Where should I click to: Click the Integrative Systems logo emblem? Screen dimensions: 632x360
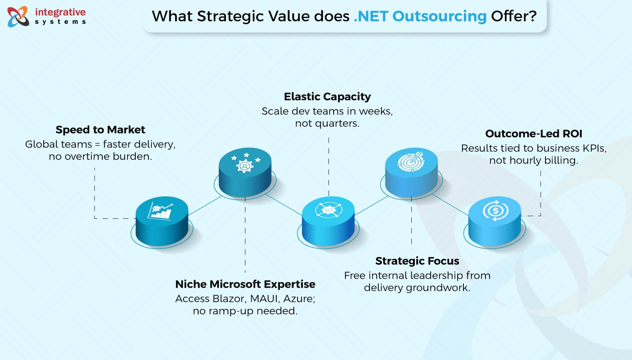pyautogui.click(x=18, y=17)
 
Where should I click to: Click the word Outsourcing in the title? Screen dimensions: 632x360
pyautogui.click(x=440, y=16)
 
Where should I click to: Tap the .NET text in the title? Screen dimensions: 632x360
pyautogui.click(x=371, y=16)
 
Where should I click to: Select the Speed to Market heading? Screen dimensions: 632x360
pyautogui.click(x=100, y=130)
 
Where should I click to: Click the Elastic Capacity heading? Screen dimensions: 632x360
pyautogui.click(x=327, y=97)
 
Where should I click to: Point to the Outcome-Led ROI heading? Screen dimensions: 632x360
pyautogui.click(x=534, y=133)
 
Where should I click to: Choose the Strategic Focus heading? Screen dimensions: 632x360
pyautogui.click(x=417, y=261)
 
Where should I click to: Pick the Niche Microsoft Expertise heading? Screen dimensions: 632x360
pyautogui.click(x=245, y=284)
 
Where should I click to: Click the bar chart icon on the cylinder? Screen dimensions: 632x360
pyautogui.click(x=160, y=211)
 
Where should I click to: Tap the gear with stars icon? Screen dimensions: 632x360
pyautogui.click(x=245, y=163)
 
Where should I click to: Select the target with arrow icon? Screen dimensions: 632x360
pyautogui.click(x=411, y=161)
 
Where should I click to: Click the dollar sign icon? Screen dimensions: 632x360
pyautogui.click(x=496, y=210)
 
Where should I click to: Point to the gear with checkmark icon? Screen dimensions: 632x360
pyautogui.click(x=328, y=210)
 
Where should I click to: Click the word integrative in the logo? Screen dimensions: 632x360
pyautogui.click(x=60, y=12)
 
